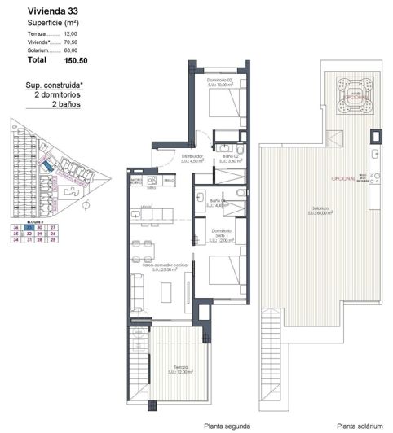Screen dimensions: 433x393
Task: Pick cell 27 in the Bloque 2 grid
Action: point(52,228)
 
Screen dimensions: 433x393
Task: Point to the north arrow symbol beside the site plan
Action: point(85,206)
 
